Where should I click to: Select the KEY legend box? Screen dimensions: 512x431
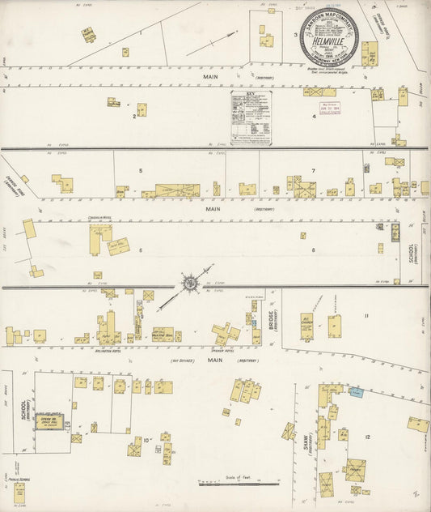pyautogui.click(x=251, y=117)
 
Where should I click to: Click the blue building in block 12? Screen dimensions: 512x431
pyautogui.click(x=356, y=392)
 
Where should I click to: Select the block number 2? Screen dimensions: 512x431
pyautogui.click(x=133, y=116)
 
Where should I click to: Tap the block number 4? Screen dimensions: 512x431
pyautogui.click(x=314, y=116)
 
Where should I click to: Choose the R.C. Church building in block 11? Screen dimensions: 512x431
pyautogui.click(x=307, y=326)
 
